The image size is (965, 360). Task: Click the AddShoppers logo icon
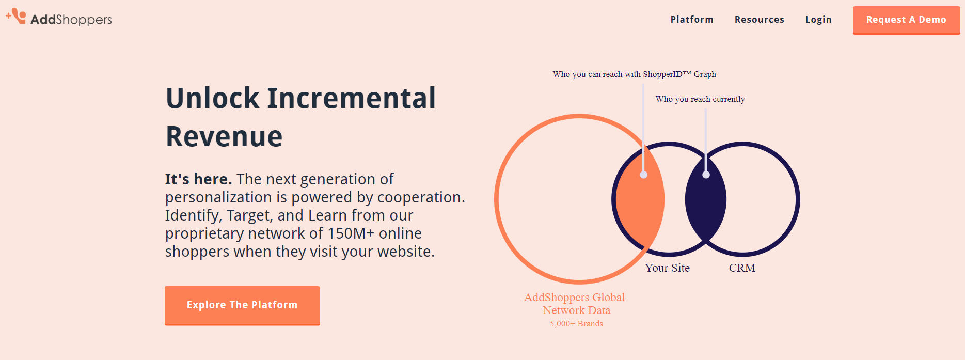coord(17,16)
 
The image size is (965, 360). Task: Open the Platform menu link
coord(692,20)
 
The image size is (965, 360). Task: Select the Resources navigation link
coord(759,20)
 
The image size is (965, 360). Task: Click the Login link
coord(818,20)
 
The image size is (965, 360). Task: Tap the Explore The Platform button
coord(242,305)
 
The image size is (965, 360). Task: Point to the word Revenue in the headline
coord(224,136)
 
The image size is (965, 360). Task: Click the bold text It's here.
coord(198,179)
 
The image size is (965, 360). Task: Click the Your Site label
coord(667,268)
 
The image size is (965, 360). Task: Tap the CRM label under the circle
coord(742,268)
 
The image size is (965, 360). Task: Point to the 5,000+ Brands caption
coord(576,324)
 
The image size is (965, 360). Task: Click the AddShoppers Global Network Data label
coord(575,304)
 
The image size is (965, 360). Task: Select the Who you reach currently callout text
coord(700,99)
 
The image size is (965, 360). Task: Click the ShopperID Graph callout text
coord(634,74)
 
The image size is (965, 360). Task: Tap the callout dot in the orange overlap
coord(643,175)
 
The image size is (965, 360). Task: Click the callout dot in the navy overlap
coord(706,175)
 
